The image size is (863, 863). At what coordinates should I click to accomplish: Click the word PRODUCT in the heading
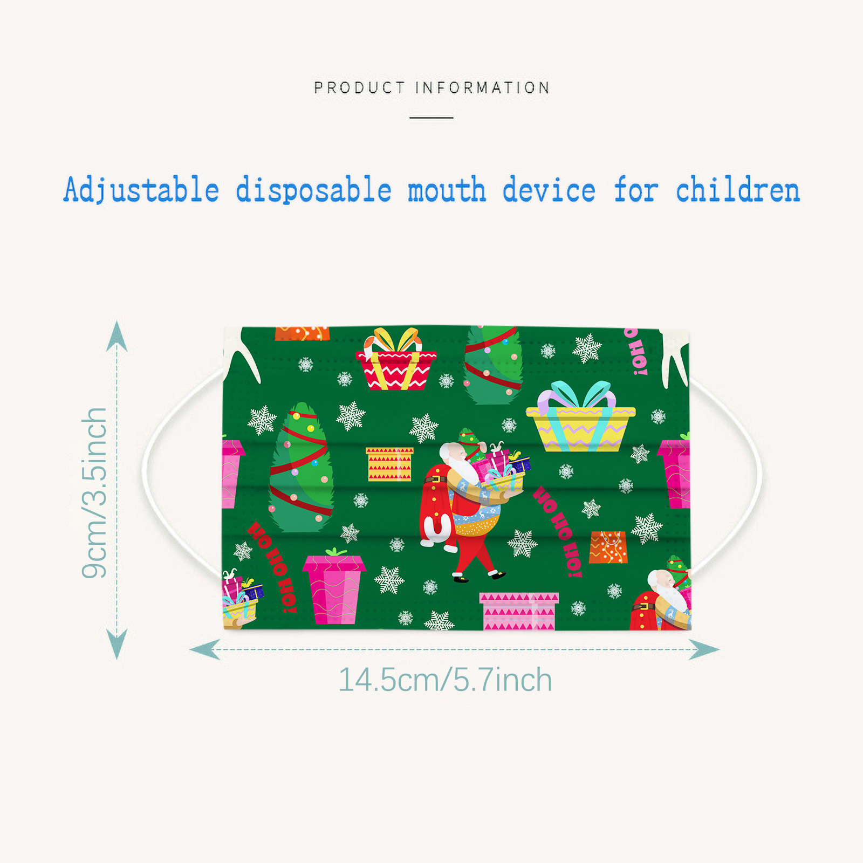click(x=359, y=87)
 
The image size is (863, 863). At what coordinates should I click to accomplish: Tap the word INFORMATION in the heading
click(x=483, y=87)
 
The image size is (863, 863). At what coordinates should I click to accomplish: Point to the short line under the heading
click(x=431, y=117)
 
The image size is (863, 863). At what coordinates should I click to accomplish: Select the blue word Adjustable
click(x=141, y=190)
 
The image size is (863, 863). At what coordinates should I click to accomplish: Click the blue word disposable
click(x=313, y=190)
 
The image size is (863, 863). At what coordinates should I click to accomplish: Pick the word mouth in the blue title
click(x=447, y=190)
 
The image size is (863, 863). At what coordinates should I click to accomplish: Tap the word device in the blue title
click(x=549, y=190)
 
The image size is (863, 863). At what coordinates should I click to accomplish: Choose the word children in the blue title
click(x=738, y=190)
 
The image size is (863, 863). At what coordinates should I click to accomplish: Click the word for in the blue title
click(x=636, y=190)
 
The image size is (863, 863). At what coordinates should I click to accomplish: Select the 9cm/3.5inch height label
click(x=94, y=493)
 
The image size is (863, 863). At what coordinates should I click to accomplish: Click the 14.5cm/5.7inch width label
click(x=445, y=680)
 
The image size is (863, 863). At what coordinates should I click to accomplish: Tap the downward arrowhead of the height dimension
click(x=117, y=644)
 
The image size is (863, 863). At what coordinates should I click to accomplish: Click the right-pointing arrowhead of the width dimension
click(x=704, y=649)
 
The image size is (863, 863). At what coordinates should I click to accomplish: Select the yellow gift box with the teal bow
click(x=580, y=416)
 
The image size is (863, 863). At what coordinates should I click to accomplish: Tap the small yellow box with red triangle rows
click(x=389, y=464)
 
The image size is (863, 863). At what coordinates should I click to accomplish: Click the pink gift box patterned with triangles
click(x=519, y=611)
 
